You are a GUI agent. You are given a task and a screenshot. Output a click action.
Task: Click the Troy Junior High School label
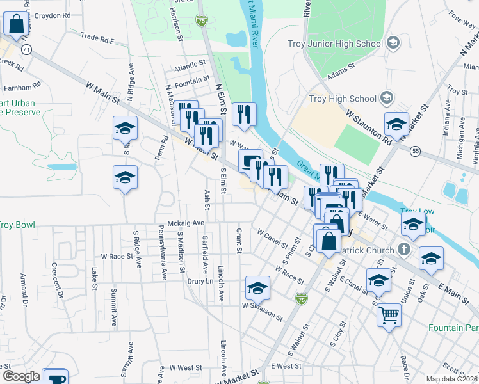pos(345,44)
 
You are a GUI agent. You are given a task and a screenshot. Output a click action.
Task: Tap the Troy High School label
pos(343,99)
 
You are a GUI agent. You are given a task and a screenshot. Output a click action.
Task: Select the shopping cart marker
pos(389,316)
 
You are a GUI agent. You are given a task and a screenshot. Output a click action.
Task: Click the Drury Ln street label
pos(199,281)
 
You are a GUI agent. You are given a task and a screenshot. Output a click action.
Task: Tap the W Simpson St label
pos(262,310)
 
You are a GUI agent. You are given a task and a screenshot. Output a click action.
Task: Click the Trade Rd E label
pos(97,39)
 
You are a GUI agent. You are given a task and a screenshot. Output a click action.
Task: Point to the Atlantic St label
pos(189,64)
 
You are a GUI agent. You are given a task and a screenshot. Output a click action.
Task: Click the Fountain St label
pos(192,79)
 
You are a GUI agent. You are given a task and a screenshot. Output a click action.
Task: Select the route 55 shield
pos(416,150)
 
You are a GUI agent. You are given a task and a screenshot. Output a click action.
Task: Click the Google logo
pos(21,376)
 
